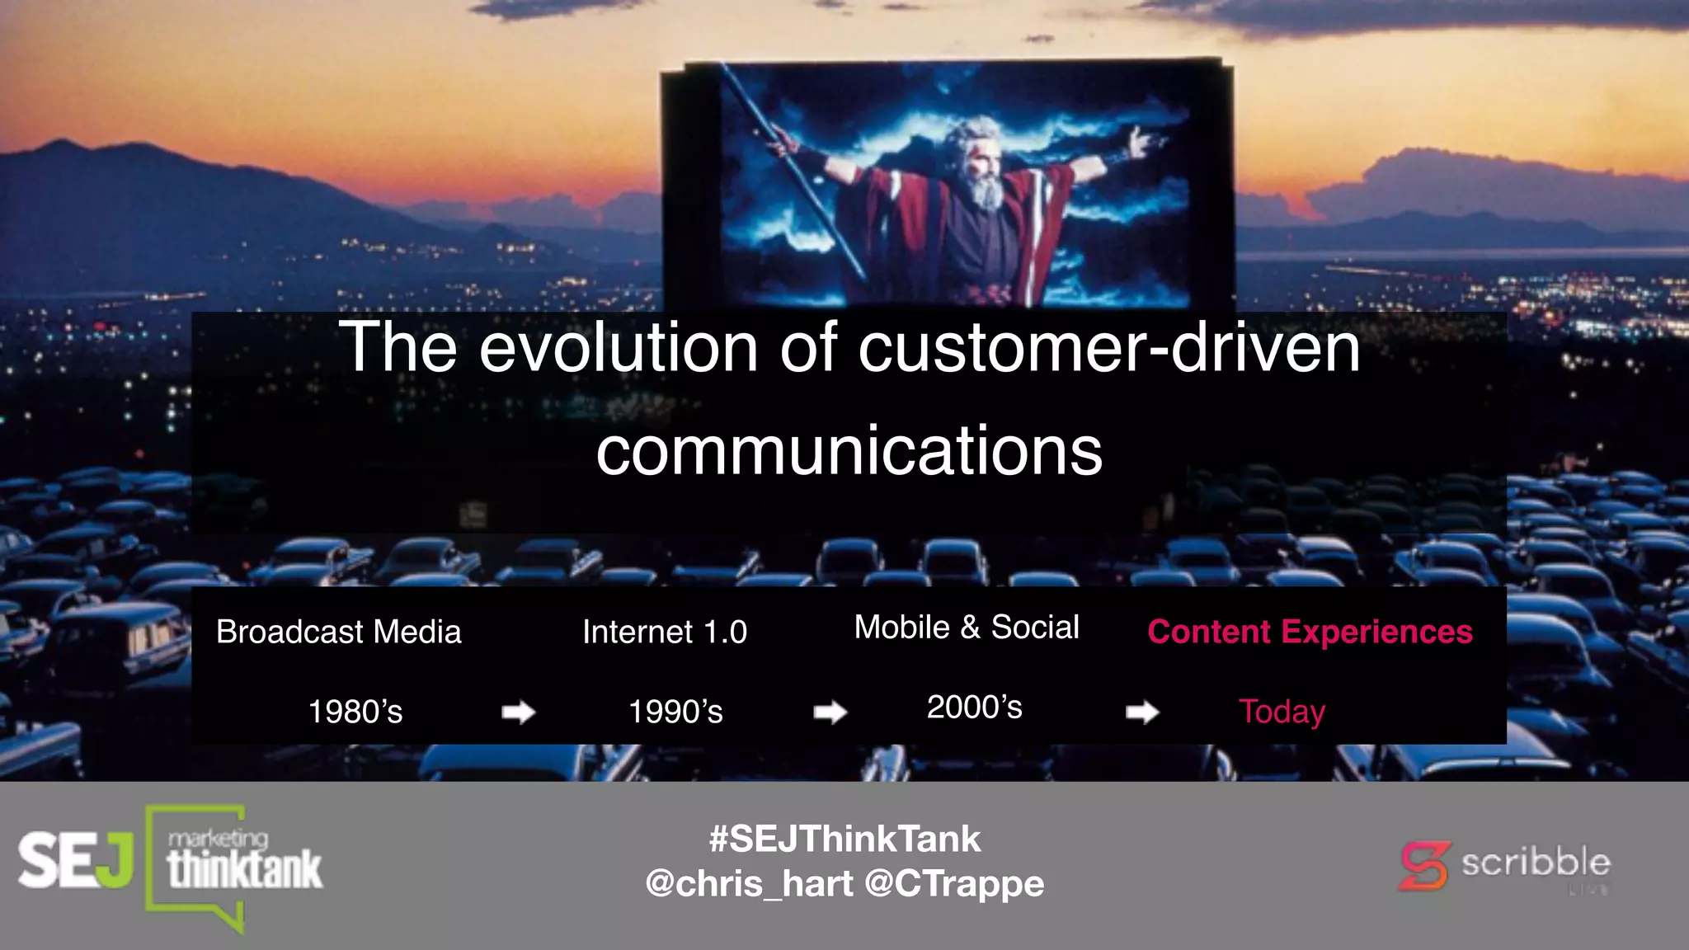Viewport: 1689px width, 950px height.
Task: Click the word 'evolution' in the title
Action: pyautogui.click(x=618, y=348)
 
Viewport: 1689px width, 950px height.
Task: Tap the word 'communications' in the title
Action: pyautogui.click(x=849, y=451)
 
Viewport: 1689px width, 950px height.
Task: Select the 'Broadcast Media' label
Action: pyautogui.click(x=338, y=632)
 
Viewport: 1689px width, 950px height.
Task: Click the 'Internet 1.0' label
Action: pyautogui.click(x=664, y=632)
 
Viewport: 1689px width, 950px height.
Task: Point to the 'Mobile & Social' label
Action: pyautogui.click(x=966, y=628)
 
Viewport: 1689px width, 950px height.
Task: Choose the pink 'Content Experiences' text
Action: pyautogui.click(x=1309, y=632)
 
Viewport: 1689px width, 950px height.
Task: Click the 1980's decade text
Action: pyautogui.click(x=355, y=712)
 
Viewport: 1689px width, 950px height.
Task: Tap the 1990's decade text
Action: pyautogui.click(x=675, y=712)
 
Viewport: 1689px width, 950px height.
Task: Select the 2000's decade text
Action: pyautogui.click(x=974, y=708)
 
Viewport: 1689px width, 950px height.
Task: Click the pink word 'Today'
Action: pyautogui.click(x=1281, y=712)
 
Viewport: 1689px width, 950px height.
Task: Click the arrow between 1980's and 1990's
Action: pyautogui.click(x=519, y=712)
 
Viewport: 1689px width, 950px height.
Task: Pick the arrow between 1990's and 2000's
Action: pyautogui.click(x=830, y=712)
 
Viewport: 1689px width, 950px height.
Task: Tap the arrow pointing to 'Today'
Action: pyautogui.click(x=1142, y=712)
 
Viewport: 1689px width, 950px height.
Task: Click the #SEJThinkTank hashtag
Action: pyautogui.click(x=844, y=839)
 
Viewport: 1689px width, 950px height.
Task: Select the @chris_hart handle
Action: pyautogui.click(x=749, y=884)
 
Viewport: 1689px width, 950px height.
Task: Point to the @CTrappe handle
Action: pyautogui.click(x=954, y=884)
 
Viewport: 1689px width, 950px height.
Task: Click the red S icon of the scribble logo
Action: pyautogui.click(x=1423, y=866)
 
